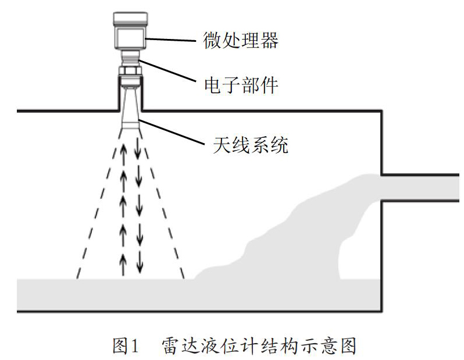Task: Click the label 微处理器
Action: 240,40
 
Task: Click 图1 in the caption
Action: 127,346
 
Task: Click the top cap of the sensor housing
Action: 129,20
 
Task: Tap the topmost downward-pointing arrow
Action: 138,148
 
